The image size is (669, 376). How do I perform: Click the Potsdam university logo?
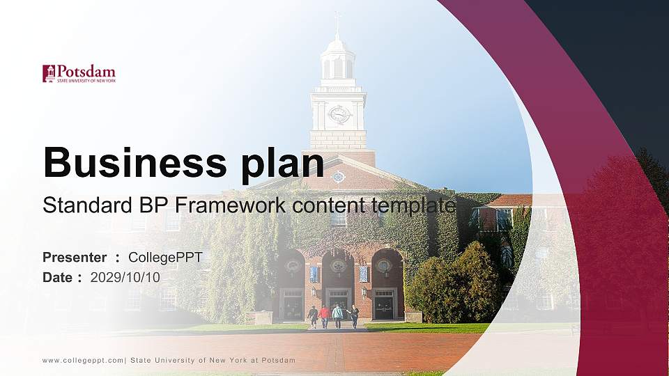click(x=79, y=74)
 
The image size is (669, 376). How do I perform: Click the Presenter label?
click(x=75, y=258)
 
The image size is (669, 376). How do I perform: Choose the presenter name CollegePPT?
click(x=165, y=258)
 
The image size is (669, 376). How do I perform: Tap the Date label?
click(x=58, y=277)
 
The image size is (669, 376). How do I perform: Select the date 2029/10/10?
click(x=125, y=277)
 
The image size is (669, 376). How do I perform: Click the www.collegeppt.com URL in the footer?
click(x=83, y=360)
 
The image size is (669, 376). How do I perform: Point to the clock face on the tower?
click(x=339, y=114)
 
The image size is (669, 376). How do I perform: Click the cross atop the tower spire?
click(x=338, y=17)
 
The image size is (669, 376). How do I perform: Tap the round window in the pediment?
click(x=339, y=177)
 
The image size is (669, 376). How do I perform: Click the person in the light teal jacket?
click(x=338, y=315)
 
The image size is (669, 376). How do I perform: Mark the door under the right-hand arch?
click(x=384, y=304)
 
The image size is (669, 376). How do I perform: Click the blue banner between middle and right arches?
click(x=363, y=274)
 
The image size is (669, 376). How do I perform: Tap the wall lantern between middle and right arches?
click(x=363, y=292)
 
